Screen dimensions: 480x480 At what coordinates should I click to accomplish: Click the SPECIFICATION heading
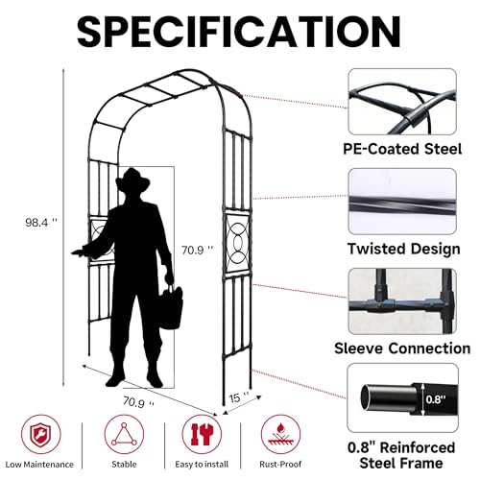(239, 32)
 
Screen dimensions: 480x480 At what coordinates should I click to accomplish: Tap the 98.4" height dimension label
(41, 222)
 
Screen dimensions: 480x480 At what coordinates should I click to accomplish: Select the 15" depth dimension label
(239, 397)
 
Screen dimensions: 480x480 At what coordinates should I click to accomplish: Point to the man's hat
(132, 180)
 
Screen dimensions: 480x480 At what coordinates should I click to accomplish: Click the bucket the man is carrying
(171, 307)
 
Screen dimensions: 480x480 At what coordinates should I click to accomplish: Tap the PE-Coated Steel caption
(402, 149)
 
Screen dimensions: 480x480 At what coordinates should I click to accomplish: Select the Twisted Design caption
(404, 249)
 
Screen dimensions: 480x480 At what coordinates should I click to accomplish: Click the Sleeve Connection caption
(402, 348)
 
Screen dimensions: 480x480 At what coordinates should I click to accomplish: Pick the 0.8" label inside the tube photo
(436, 399)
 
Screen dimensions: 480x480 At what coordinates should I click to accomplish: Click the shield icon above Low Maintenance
(41, 434)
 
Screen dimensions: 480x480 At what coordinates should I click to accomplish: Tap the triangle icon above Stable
(124, 434)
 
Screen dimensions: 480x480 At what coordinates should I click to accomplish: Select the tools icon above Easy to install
(202, 434)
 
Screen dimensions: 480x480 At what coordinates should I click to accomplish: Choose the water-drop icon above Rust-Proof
(280, 434)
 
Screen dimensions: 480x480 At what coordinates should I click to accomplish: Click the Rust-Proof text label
(280, 464)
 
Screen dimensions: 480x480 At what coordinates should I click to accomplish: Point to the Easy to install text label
(202, 465)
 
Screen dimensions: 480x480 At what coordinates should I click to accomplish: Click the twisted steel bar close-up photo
(402, 202)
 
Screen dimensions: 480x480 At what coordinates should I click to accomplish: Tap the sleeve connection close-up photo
(402, 301)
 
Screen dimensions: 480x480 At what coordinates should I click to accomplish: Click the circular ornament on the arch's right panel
(238, 244)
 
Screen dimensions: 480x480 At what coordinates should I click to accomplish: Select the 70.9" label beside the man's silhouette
(197, 250)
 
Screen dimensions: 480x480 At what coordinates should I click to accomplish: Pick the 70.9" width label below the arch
(138, 402)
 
